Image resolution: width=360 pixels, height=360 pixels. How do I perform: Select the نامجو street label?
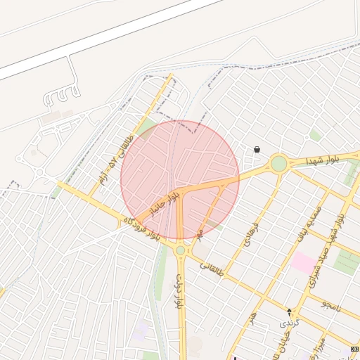tap(331, 304)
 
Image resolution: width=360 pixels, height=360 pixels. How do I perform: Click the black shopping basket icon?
tap(257, 150)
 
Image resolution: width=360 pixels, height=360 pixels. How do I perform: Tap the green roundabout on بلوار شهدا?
tap(279, 164)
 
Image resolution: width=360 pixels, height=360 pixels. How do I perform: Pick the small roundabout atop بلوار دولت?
tap(181, 250)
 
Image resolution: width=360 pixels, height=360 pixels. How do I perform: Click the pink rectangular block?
tap(304, 263)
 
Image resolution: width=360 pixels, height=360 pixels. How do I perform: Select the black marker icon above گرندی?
tap(289, 311)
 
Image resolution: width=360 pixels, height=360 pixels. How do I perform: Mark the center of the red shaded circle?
tap(180, 180)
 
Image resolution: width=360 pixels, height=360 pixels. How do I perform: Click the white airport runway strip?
tap(105, 35)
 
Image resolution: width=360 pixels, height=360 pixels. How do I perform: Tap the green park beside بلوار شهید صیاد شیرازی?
tap(345, 261)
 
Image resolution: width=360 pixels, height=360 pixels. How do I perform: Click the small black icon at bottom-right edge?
tap(354, 349)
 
